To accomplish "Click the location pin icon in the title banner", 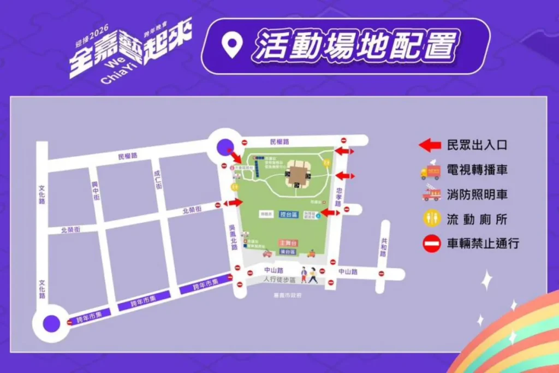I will pyautogui.click(x=232, y=46).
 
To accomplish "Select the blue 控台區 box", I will pyautogui.click(x=287, y=214).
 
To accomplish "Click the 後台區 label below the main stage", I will pyautogui.click(x=287, y=252).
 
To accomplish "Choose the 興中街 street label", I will pyautogui.click(x=96, y=191).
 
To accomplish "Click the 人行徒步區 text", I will pyautogui.click(x=279, y=280).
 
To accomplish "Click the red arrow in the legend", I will pyautogui.click(x=430, y=145).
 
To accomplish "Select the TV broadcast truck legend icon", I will pyautogui.click(x=431, y=170).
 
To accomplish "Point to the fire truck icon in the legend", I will pyautogui.click(x=431, y=193).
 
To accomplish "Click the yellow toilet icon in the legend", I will pyautogui.click(x=431, y=218).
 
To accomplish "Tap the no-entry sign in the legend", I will pyautogui.click(x=431, y=244).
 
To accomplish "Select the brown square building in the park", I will pyautogui.click(x=298, y=175).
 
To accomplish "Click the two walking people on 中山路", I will pyautogui.click(x=308, y=275).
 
